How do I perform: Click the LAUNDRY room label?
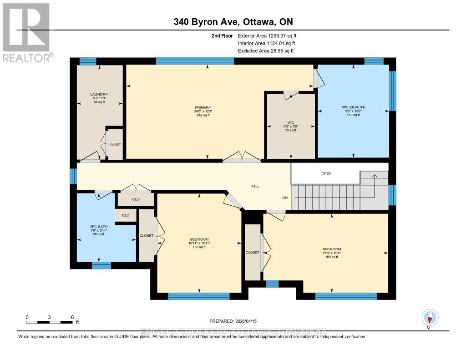(x=99, y=95)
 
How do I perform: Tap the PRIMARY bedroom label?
(x=203, y=108)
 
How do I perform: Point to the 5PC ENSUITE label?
(x=353, y=107)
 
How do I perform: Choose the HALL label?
(x=255, y=186)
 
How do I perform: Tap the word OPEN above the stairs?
(x=326, y=173)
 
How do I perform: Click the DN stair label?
(x=285, y=198)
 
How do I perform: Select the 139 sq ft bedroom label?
(x=199, y=239)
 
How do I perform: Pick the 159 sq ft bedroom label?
(x=331, y=249)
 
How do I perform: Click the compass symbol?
(x=430, y=317)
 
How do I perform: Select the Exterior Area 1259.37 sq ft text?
(x=267, y=35)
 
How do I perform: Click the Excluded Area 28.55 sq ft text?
(x=265, y=51)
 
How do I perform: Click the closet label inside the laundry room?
(x=115, y=144)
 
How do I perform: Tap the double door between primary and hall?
(x=242, y=158)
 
